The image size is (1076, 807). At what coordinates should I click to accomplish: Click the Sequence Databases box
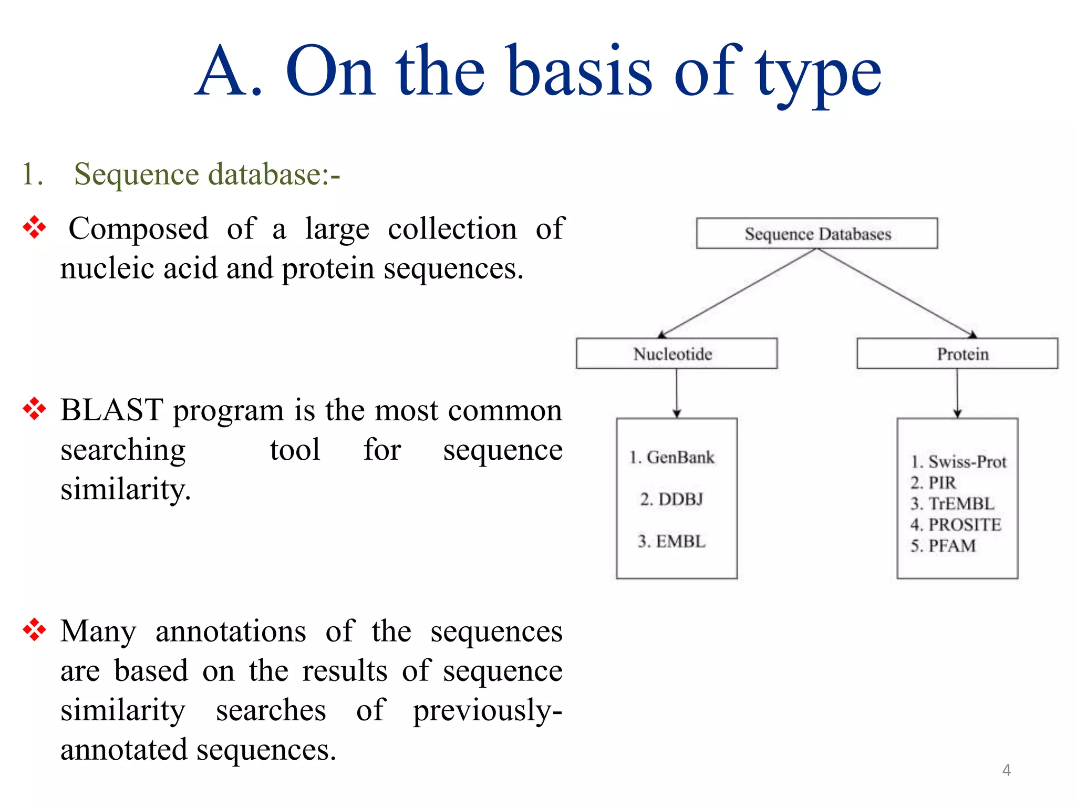817,233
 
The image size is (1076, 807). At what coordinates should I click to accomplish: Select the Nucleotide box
676,354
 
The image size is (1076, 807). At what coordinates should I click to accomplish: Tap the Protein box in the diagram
957,354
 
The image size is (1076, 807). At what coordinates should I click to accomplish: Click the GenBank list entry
672,457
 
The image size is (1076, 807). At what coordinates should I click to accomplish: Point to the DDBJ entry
671,499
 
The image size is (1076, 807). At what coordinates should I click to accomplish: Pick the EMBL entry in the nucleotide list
671,541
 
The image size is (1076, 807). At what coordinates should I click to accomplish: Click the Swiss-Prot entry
958,462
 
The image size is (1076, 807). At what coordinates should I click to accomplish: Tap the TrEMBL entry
952,503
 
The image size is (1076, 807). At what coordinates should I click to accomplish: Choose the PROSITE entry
956,524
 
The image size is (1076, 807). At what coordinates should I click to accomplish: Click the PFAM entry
943,545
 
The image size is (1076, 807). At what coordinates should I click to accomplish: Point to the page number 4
1006,770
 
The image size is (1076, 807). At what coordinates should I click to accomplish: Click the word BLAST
112,410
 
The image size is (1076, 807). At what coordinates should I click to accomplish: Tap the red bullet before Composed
35,227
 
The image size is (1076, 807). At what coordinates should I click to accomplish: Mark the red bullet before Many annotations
35,629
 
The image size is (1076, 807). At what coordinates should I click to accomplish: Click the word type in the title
818,74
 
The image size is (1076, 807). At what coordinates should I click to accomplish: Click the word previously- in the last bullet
487,710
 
